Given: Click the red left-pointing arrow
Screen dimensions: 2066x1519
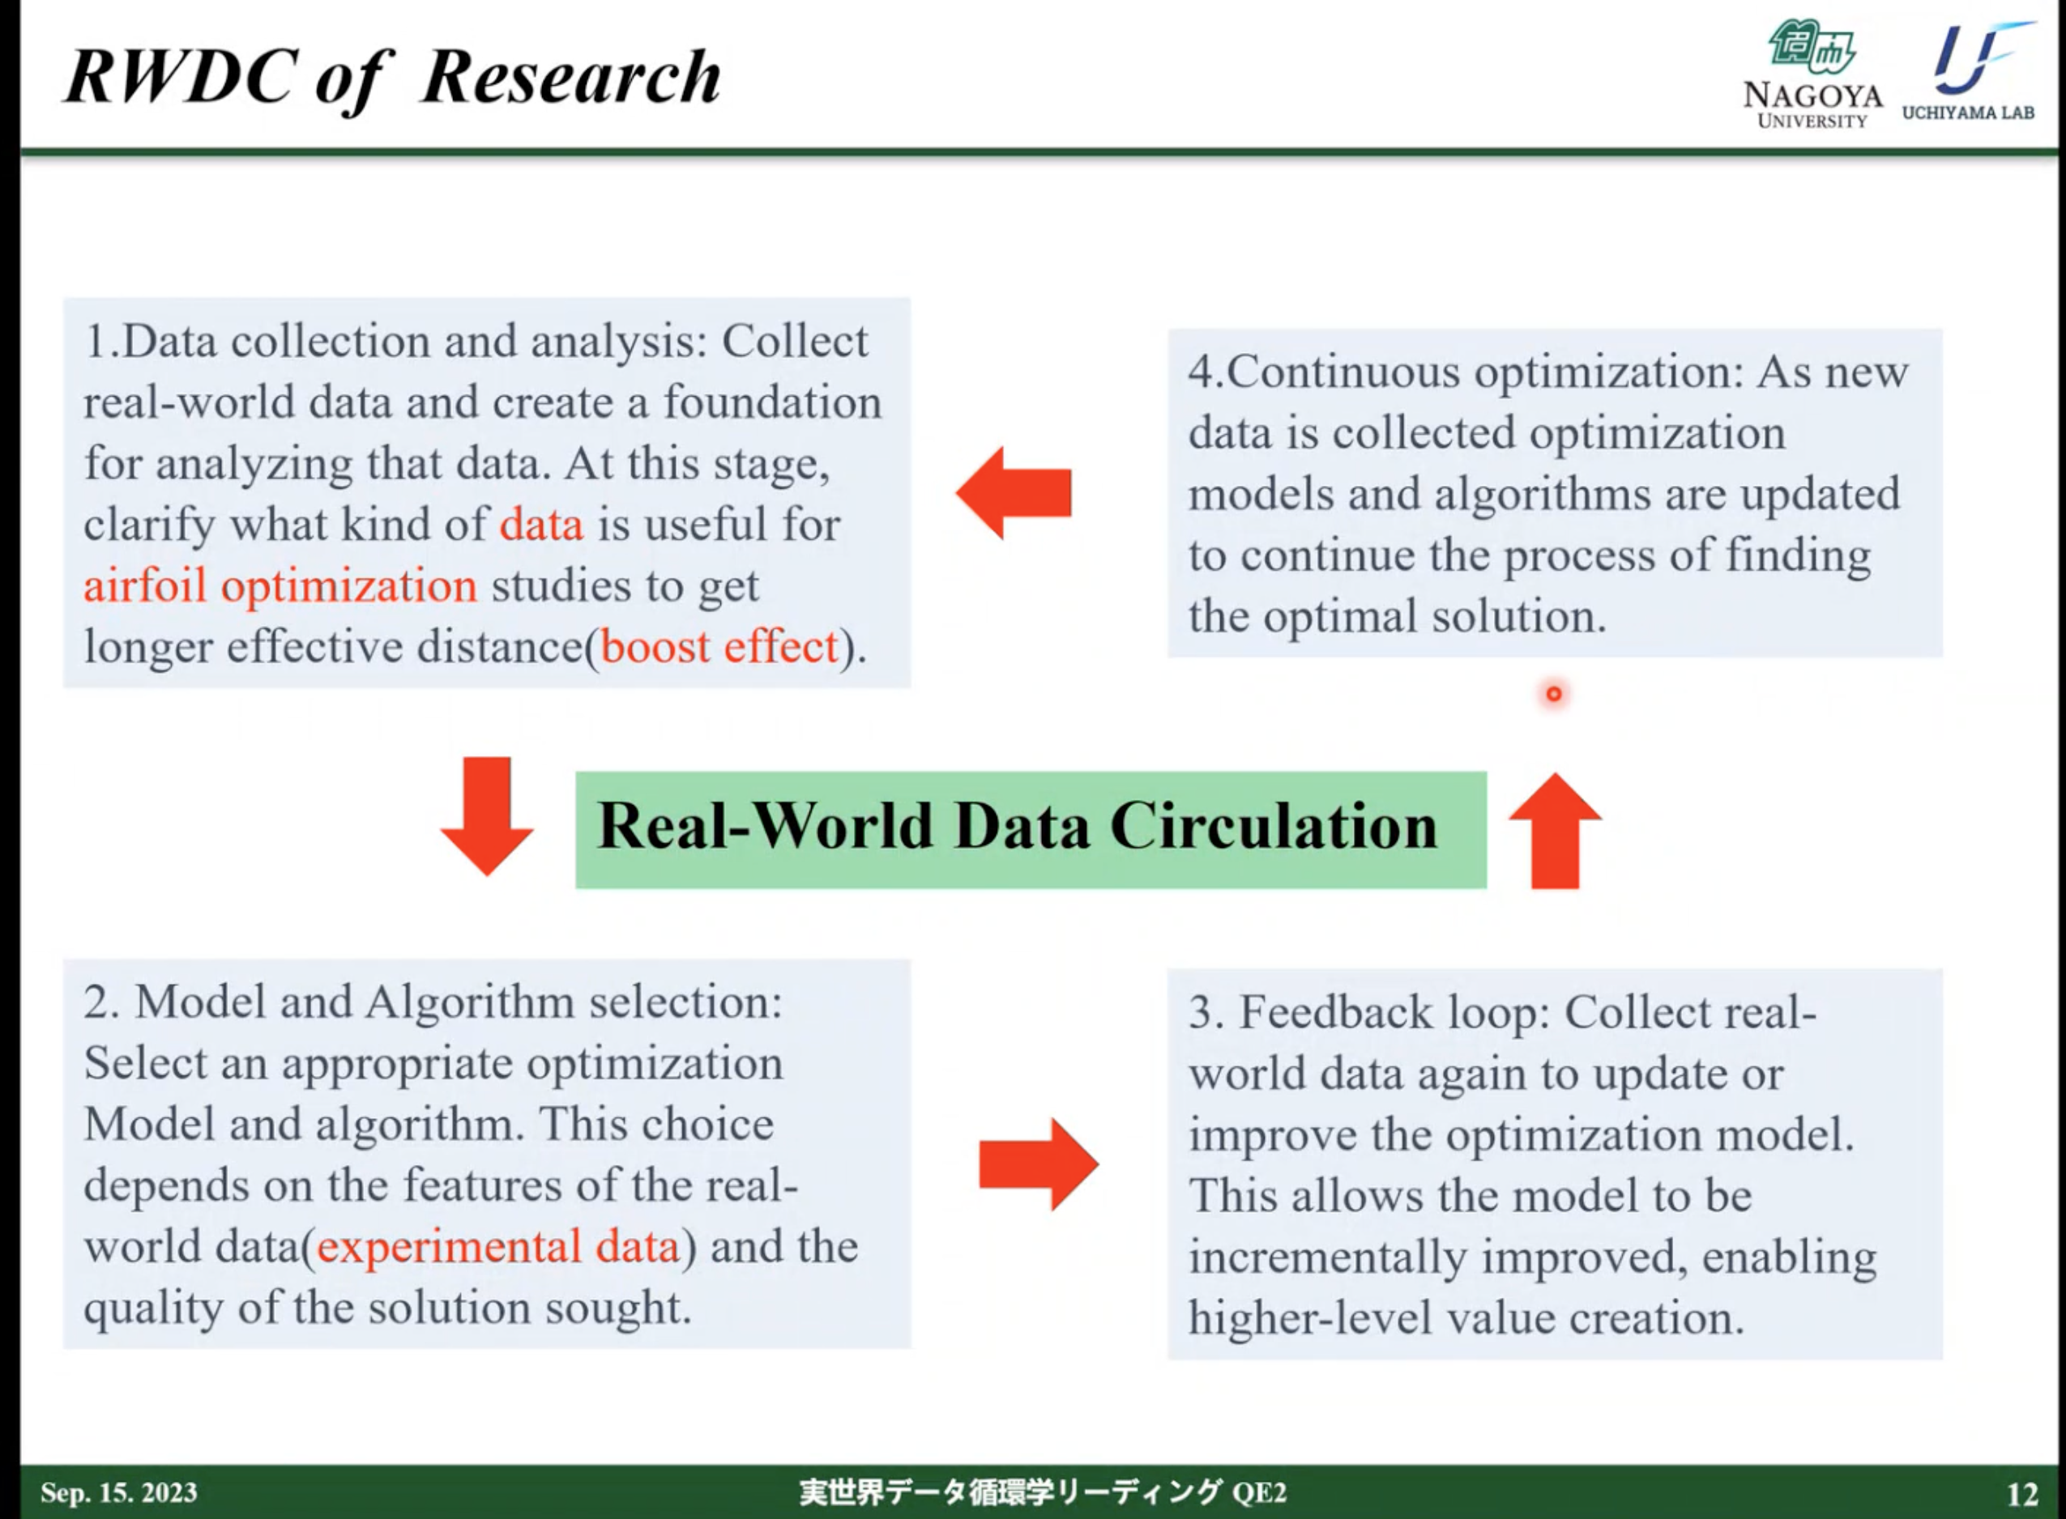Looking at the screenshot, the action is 1014,493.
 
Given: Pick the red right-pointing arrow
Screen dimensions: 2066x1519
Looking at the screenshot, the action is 1039,1164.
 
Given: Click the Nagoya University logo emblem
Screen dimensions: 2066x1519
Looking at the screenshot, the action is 1810,49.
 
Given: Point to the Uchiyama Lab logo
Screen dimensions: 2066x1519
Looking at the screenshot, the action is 1969,70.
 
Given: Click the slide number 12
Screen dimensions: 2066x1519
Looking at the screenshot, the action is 2022,1494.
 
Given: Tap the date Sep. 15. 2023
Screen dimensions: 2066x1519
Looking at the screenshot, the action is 118,1491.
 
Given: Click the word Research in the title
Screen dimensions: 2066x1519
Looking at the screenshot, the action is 571,76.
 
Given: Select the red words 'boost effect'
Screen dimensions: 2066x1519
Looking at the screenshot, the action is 719,646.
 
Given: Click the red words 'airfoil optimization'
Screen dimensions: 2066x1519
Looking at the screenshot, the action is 280,585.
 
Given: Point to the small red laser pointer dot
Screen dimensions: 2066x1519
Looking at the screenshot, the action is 1554,694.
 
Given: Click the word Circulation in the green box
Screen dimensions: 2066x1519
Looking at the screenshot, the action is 1273,826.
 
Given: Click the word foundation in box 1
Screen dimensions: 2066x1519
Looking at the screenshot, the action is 772,402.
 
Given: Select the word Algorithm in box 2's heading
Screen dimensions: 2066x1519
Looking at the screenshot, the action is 470,1002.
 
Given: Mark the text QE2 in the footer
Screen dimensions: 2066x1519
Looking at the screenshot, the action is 1258,1492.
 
